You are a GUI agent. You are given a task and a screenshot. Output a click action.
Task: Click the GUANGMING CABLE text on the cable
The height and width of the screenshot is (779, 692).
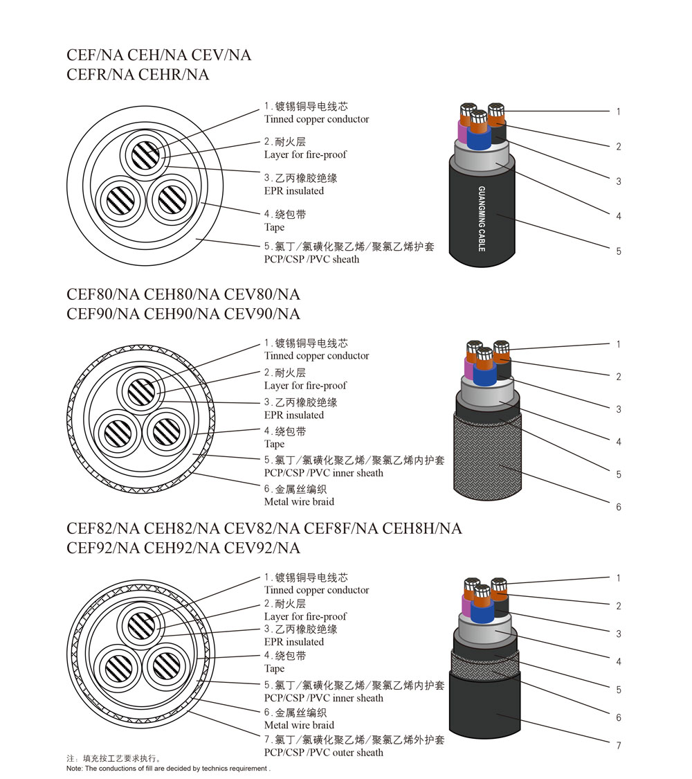point(482,218)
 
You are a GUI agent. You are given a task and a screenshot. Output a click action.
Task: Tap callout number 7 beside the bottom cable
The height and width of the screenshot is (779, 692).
point(619,746)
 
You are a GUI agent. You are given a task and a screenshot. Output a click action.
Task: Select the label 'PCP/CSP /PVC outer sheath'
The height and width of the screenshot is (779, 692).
point(323,753)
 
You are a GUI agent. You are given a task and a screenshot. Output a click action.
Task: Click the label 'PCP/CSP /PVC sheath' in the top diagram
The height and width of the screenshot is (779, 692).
point(311,259)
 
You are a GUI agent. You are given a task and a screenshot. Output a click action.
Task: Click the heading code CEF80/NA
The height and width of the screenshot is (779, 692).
point(103,294)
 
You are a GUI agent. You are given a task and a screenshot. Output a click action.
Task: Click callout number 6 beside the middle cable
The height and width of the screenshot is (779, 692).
point(619,507)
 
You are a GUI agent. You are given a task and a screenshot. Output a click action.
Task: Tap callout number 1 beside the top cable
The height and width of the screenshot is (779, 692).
point(619,111)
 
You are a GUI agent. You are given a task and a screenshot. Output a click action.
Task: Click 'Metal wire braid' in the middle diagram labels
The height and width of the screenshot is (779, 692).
point(299,501)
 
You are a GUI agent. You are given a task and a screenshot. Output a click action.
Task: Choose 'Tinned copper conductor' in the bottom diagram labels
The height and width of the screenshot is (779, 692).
point(316,590)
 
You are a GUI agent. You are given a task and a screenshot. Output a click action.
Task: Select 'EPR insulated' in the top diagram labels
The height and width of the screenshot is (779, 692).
point(293,190)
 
